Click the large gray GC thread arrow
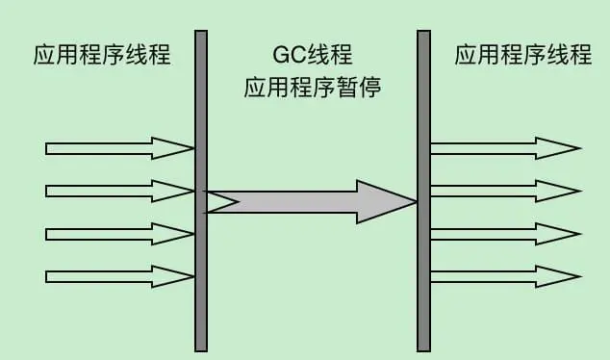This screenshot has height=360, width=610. [x=308, y=202]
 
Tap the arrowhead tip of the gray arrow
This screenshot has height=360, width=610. [x=414, y=202]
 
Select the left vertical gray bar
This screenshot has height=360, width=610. [x=201, y=193]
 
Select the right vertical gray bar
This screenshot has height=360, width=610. [x=423, y=193]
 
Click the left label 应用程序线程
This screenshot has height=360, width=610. [x=101, y=55]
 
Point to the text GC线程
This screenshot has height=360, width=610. [x=313, y=55]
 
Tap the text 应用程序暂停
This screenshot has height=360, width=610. [x=313, y=90]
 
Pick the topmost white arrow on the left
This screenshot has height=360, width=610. [x=115, y=148]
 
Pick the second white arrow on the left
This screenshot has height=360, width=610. [x=115, y=191]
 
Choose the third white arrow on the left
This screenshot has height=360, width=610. [x=115, y=234]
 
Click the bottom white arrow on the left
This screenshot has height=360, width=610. [x=115, y=277]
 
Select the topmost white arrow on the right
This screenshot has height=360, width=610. [x=500, y=148]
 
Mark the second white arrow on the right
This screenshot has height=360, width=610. [x=500, y=191]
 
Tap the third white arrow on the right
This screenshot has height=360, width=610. [x=500, y=234]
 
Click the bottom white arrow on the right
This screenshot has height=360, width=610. [x=500, y=277]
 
